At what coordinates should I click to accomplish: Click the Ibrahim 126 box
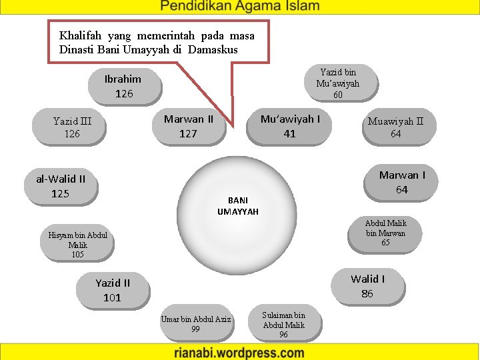[124, 86]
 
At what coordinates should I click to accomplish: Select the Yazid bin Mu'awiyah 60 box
[337, 83]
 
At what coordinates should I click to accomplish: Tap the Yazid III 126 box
[72, 127]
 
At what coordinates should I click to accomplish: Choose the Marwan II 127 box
[189, 126]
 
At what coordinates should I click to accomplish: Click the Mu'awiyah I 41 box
[289, 126]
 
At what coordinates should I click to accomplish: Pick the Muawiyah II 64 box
[395, 127]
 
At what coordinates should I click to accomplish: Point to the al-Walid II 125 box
[61, 186]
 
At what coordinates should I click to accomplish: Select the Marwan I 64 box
[402, 182]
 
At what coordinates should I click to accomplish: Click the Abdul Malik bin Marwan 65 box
[385, 233]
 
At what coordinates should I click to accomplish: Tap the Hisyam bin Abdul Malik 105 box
[77, 245]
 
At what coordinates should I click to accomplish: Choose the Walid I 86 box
[367, 286]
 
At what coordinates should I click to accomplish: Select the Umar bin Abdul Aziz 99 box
[195, 324]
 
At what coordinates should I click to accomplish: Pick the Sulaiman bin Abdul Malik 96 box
[283, 325]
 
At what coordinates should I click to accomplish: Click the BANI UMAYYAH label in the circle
[237, 205]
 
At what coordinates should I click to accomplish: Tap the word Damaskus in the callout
[213, 49]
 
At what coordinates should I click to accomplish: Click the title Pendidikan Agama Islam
[240, 7]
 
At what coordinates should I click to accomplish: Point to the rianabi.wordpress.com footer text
[240, 353]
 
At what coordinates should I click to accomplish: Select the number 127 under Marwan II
[189, 133]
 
